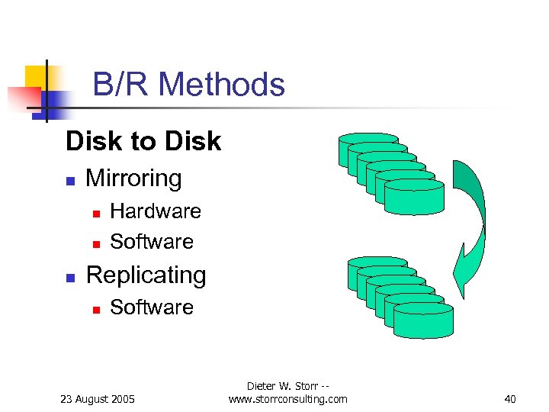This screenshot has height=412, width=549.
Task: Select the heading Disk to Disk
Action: [x=143, y=141]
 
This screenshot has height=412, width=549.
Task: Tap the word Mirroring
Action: [x=134, y=179]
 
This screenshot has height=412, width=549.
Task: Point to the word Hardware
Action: [x=156, y=211]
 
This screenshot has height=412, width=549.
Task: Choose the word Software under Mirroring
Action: [x=152, y=242]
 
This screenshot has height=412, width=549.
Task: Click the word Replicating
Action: [x=146, y=275]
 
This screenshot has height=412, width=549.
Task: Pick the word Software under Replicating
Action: [x=152, y=307]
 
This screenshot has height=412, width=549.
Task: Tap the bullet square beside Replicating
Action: [x=69, y=278]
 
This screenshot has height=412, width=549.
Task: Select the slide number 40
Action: [x=510, y=399]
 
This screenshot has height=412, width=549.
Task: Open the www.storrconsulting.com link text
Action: [x=287, y=399]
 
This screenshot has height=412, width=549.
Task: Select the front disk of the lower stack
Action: [x=423, y=320]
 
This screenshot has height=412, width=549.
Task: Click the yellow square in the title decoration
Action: [x=35, y=76]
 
